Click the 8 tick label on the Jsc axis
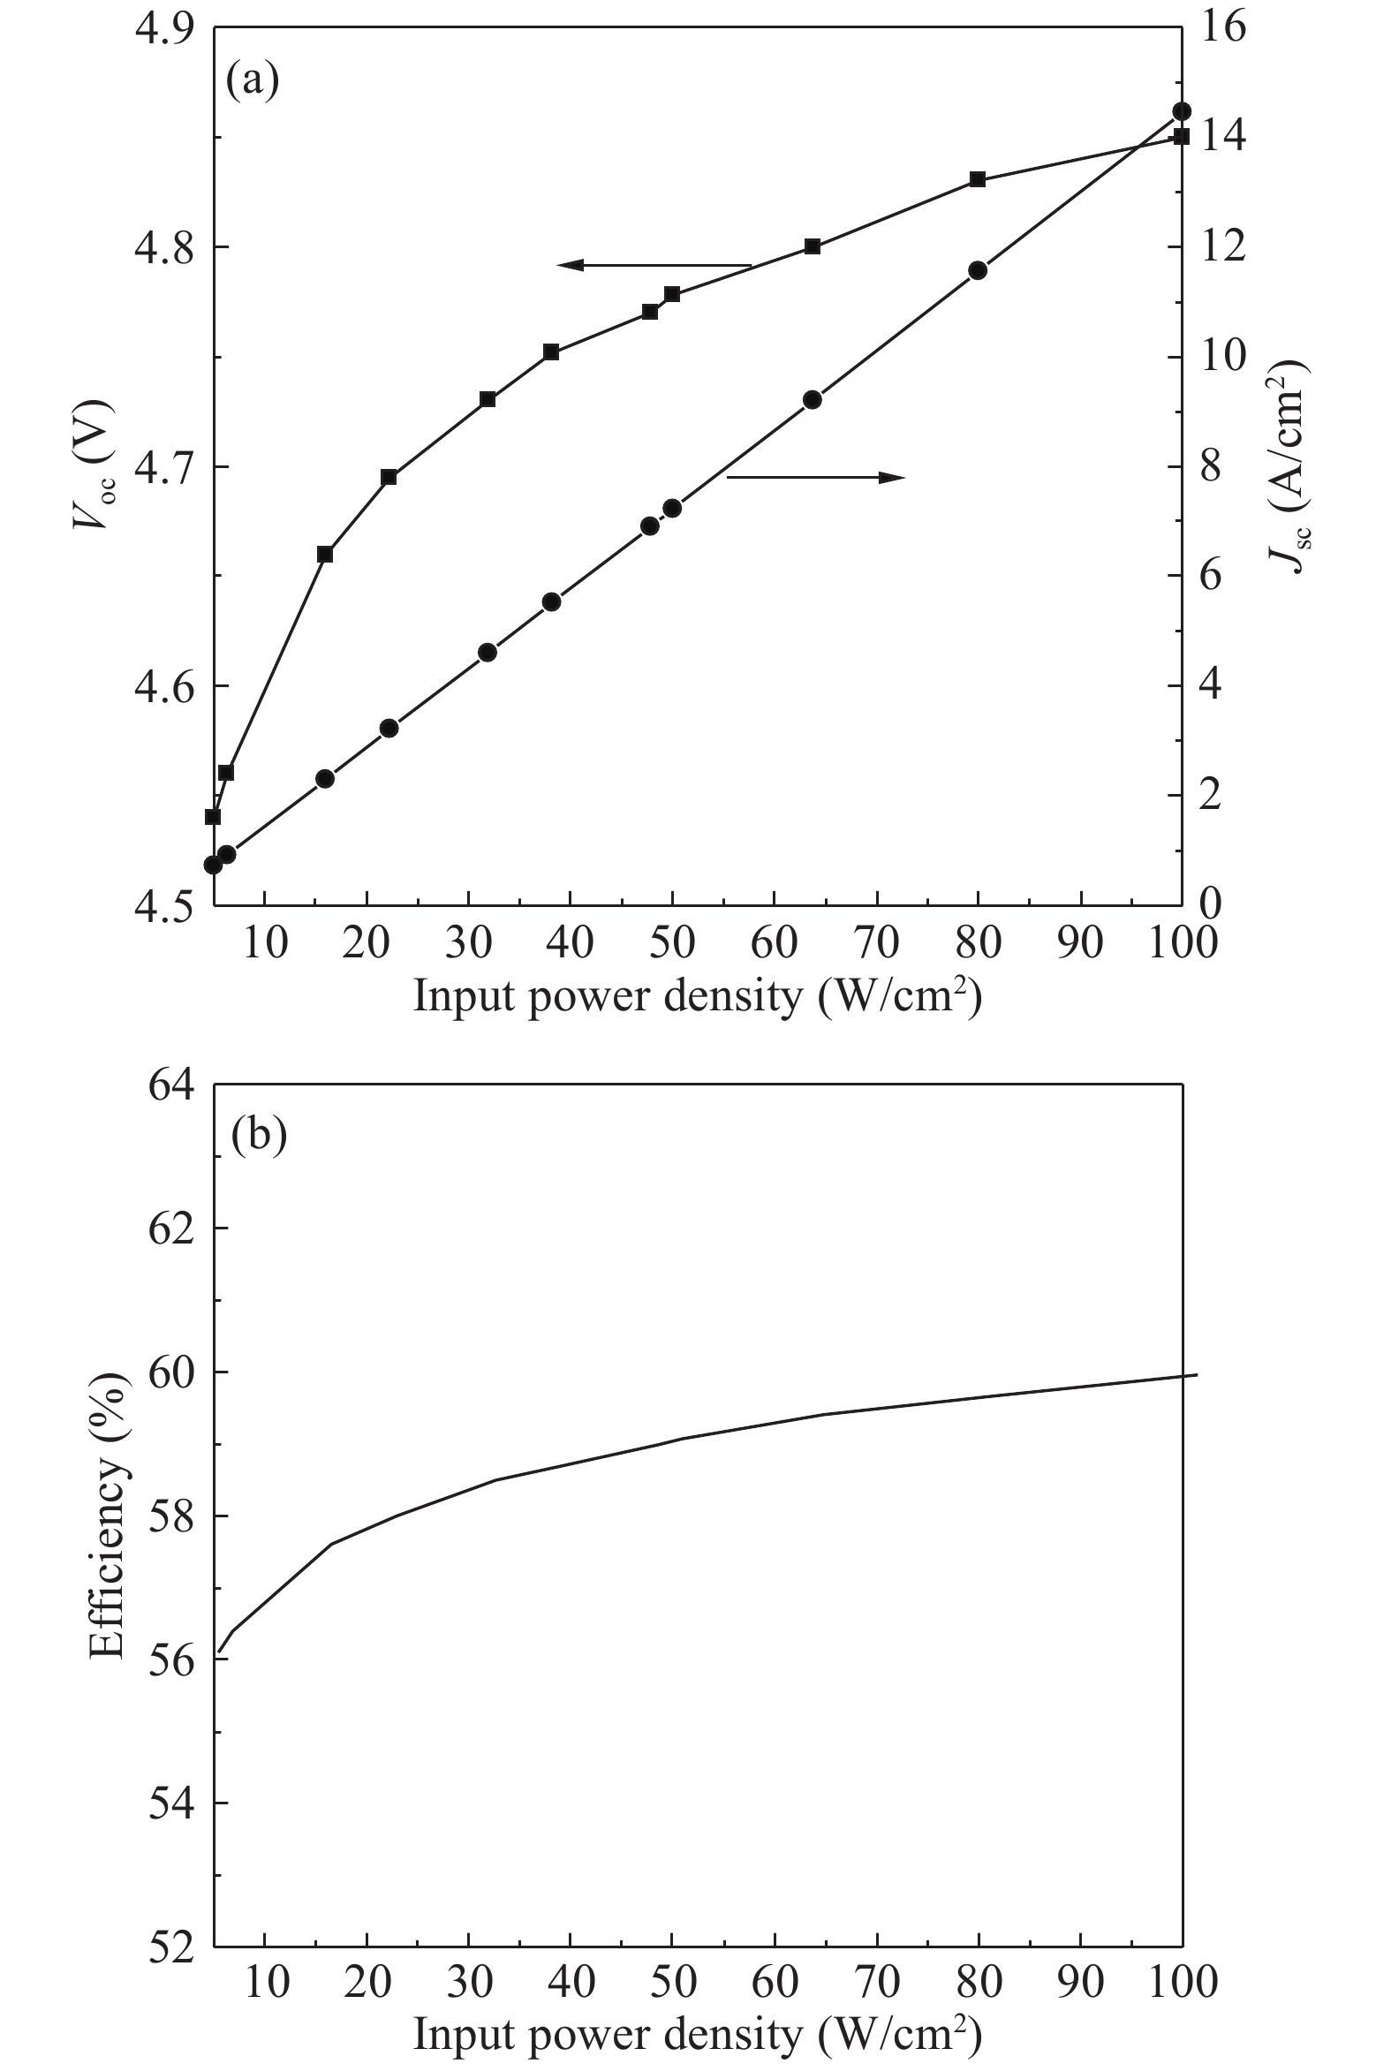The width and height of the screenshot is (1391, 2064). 1210,466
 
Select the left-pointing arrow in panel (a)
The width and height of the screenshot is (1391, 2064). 654,264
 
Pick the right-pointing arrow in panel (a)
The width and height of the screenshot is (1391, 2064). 815,477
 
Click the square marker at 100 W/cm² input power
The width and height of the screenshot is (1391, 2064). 1181,137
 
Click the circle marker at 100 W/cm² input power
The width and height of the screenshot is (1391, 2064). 1181,111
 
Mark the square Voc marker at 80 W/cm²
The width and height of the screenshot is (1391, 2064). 978,179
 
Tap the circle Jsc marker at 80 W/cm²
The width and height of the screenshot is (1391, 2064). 978,270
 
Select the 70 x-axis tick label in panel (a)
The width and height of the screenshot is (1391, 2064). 876,943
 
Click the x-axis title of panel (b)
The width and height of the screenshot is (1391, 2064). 698,2034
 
